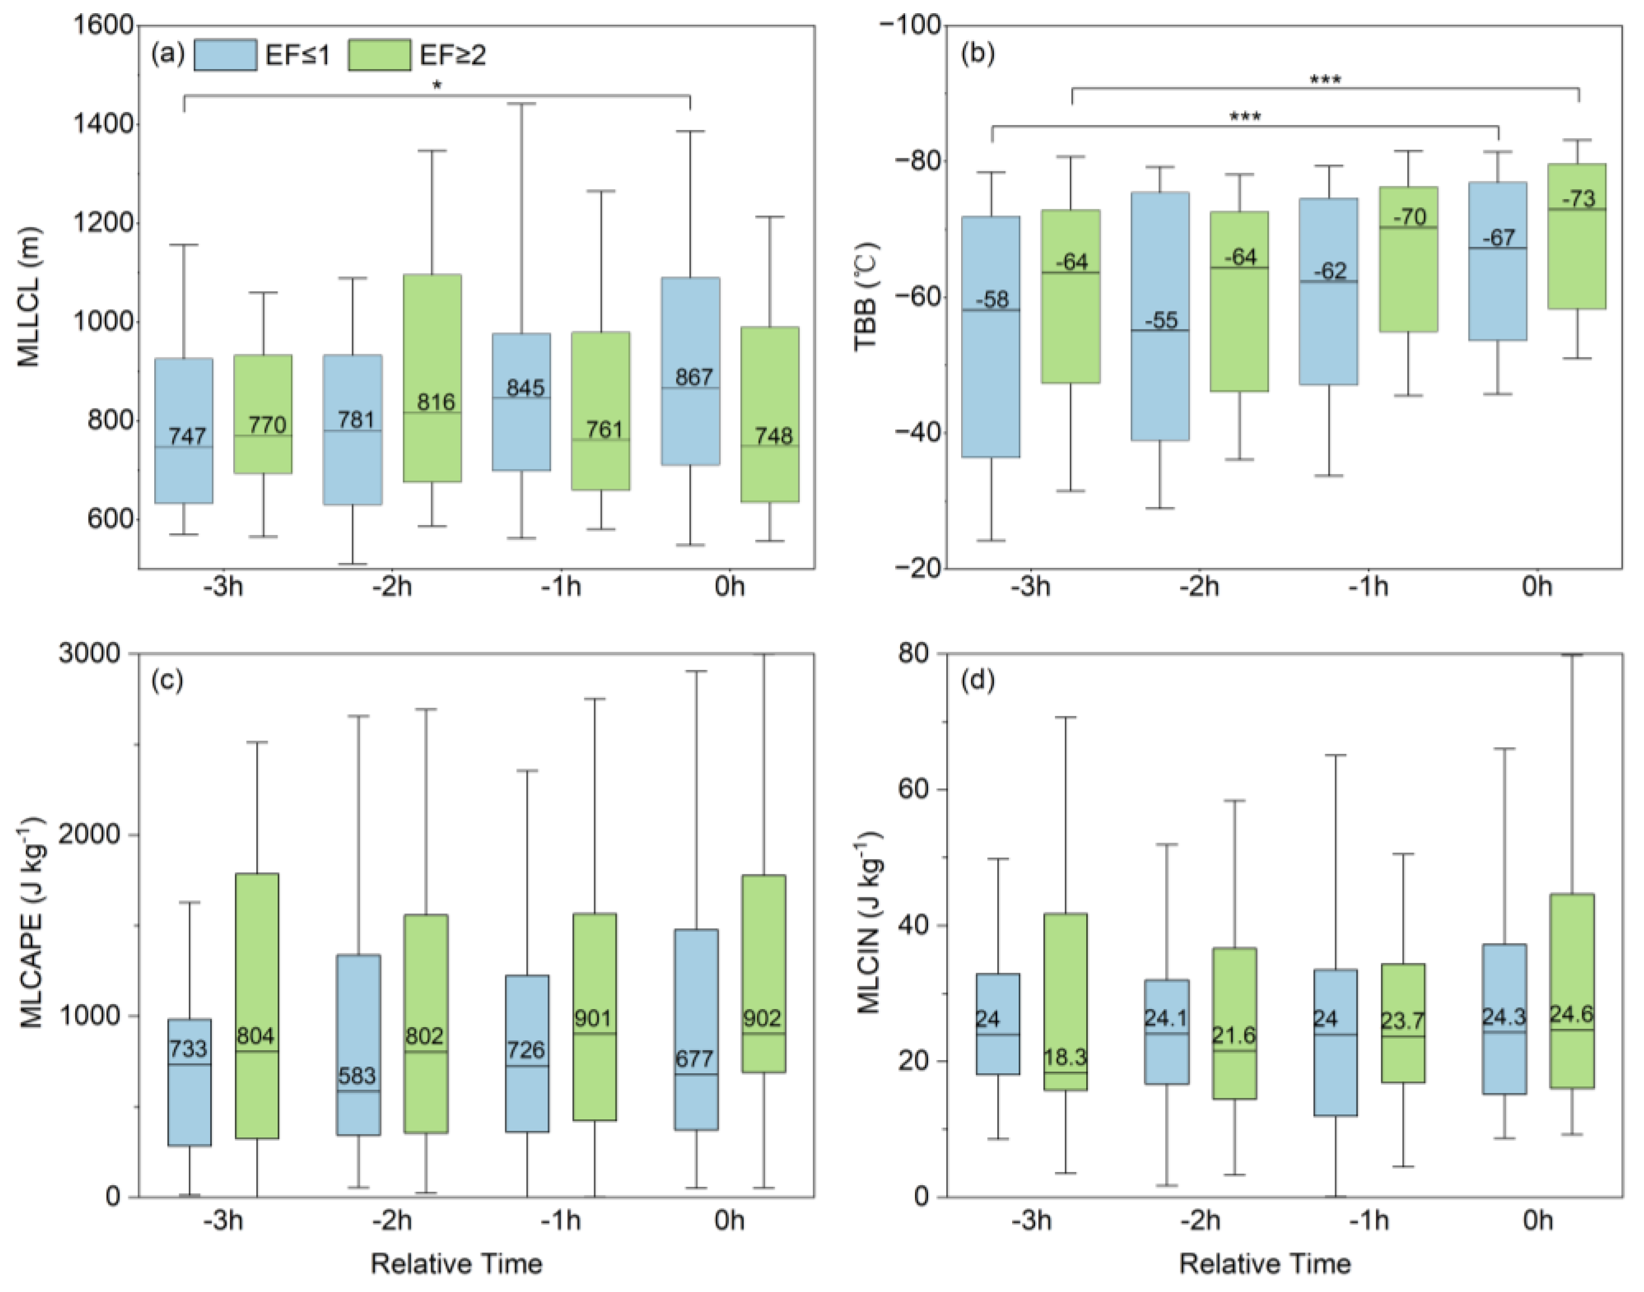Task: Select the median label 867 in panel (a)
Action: pos(693,377)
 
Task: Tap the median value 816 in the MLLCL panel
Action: pos(436,402)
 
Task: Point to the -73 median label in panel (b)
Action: pos(1579,199)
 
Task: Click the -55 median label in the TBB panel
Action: pos(1161,321)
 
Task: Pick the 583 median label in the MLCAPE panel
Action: pos(357,1075)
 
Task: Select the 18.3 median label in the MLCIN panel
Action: pos(1065,1057)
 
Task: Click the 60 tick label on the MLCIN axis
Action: pos(913,789)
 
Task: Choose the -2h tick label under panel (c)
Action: pos(392,1220)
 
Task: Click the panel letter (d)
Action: pos(977,681)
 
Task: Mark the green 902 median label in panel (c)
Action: pos(761,1018)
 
